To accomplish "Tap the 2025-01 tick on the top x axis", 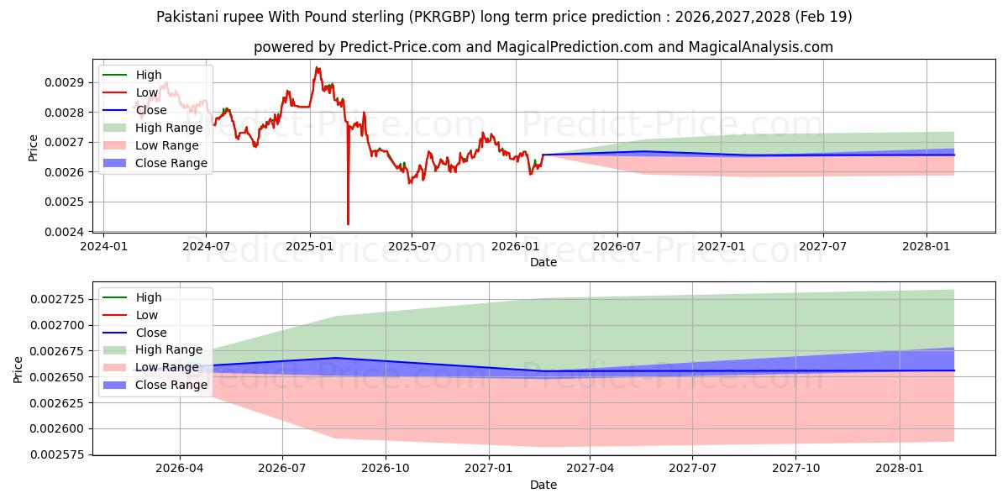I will [x=309, y=246].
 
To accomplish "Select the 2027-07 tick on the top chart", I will [x=822, y=246].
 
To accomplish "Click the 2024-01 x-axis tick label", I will [x=103, y=246].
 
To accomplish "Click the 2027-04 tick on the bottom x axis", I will [x=591, y=469].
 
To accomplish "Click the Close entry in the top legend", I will [x=151, y=110].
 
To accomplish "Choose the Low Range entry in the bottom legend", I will [x=168, y=367].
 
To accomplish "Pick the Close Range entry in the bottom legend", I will [x=171, y=385].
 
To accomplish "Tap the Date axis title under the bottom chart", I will [x=543, y=485].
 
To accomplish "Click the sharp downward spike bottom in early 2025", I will [x=348, y=224].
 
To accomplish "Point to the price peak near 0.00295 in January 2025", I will [x=317, y=67].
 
